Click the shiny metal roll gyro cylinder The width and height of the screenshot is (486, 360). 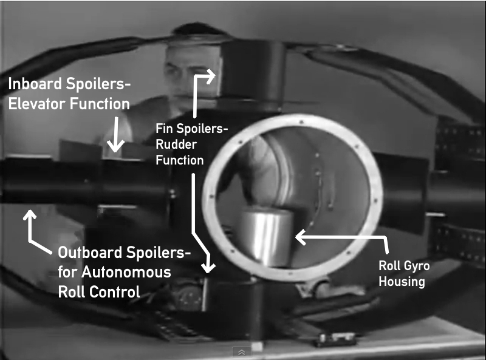(265, 237)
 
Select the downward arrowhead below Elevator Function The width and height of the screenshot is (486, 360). (116, 148)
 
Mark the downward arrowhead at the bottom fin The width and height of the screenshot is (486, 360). (208, 267)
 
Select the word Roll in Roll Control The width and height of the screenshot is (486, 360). (72, 291)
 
